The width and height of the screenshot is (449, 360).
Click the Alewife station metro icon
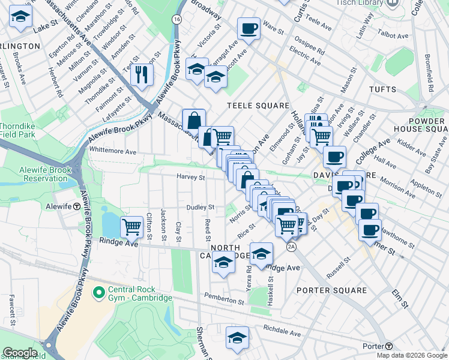click(x=77, y=206)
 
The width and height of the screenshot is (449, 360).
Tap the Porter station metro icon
click(x=389, y=346)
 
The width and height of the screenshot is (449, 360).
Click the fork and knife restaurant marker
click(x=142, y=74)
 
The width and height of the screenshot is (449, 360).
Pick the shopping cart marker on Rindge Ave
click(x=131, y=227)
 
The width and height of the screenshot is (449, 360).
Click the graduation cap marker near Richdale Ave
click(x=238, y=338)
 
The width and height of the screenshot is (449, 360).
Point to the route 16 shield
click(x=176, y=19)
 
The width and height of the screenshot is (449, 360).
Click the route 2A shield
click(x=292, y=247)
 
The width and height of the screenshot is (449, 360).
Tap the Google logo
click(x=20, y=353)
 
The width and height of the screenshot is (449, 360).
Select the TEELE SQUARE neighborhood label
click(x=258, y=106)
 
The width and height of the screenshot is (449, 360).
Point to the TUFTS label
click(x=382, y=89)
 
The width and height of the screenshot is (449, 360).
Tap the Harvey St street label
click(x=191, y=177)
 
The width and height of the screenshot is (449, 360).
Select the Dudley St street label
click(x=200, y=207)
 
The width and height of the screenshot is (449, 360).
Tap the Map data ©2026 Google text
click(x=411, y=355)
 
